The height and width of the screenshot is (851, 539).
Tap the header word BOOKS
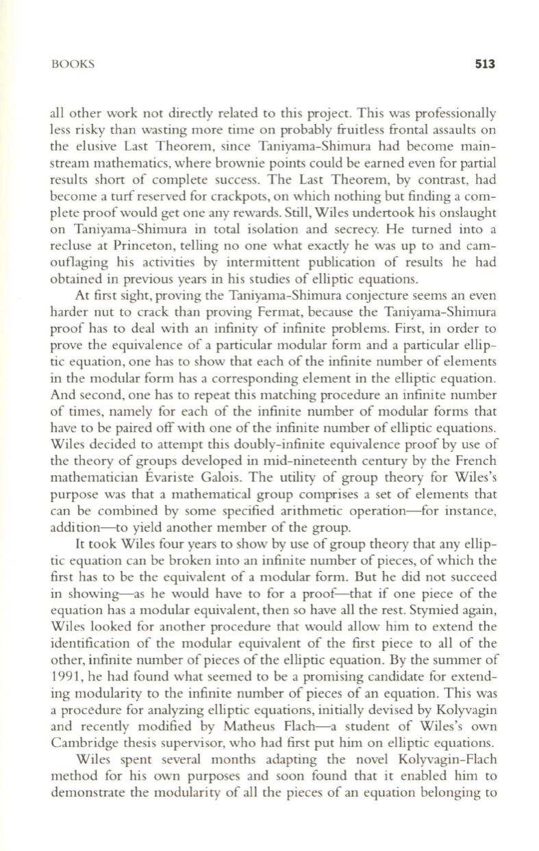click(x=73, y=65)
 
